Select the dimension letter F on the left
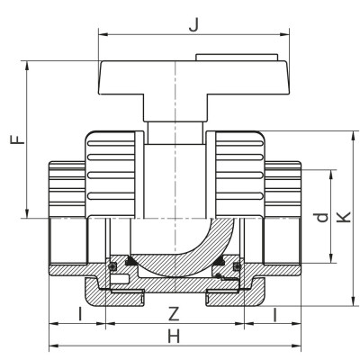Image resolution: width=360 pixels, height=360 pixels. tap(13, 140)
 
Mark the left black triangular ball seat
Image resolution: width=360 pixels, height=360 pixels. tap(131, 259)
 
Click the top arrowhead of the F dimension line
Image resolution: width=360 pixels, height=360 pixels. tap(30, 65)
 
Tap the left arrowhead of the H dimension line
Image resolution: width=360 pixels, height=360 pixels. tap(52, 346)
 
